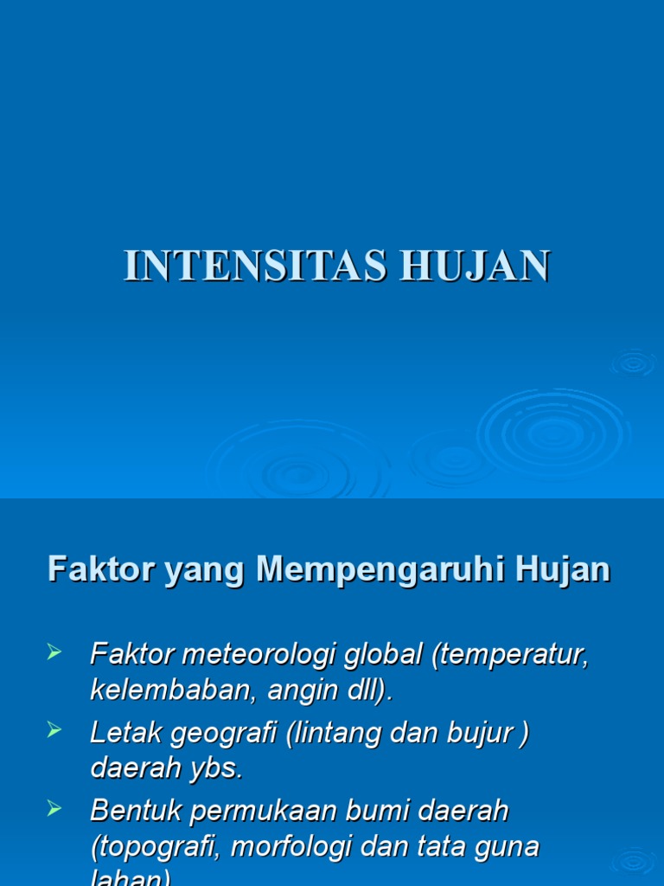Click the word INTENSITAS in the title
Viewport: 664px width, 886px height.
pyautogui.click(x=253, y=266)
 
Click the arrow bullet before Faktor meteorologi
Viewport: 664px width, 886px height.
pyautogui.click(x=54, y=652)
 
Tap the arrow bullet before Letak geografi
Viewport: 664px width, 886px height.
pyautogui.click(x=54, y=731)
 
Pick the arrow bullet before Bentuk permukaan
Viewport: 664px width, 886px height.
pyautogui.click(x=54, y=809)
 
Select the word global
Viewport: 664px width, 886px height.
pyautogui.click(x=383, y=655)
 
